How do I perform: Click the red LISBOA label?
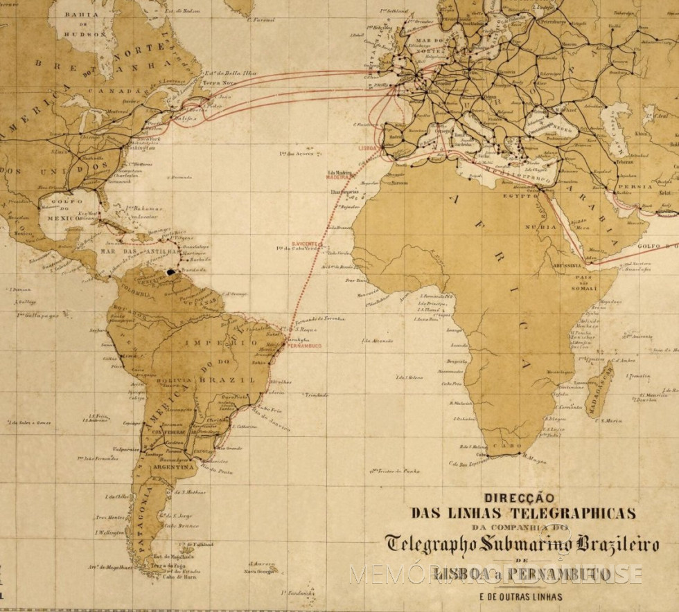click(368, 148)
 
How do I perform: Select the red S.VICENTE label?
click(303, 243)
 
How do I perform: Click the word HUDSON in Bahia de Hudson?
click(82, 33)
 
